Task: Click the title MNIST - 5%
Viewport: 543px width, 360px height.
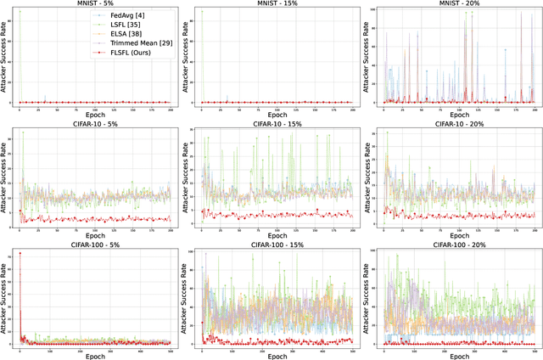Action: [x=93, y=4]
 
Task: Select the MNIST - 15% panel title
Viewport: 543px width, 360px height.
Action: [x=272, y=4]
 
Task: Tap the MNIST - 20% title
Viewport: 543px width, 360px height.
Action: [x=456, y=4]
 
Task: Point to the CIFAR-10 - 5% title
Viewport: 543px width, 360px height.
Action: [x=93, y=124]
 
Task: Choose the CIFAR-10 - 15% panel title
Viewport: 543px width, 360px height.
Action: [x=272, y=124]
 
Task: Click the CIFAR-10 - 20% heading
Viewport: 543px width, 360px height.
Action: [x=456, y=124]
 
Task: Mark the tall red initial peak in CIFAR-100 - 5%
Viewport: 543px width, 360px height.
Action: [x=20, y=253]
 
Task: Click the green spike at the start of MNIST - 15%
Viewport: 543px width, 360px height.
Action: [x=201, y=14]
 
